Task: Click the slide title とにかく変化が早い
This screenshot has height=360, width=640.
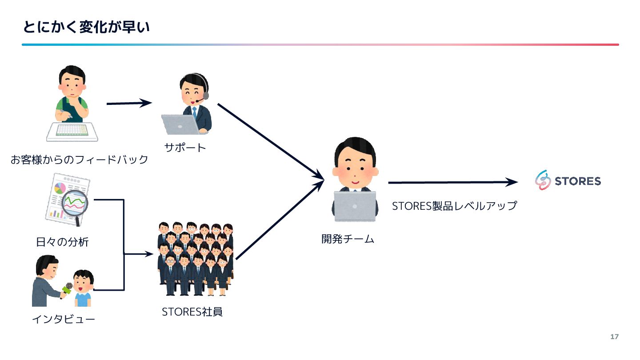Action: [x=86, y=28]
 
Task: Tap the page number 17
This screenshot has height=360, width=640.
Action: [x=614, y=336]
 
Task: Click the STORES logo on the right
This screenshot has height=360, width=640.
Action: [x=568, y=181]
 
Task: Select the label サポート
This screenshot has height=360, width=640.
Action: [x=185, y=148]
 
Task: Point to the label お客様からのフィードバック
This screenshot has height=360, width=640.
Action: [x=79, y=160]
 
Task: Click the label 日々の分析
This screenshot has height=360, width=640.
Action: [x=62, y=242]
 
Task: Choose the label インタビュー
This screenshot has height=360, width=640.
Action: [x=63, y=319]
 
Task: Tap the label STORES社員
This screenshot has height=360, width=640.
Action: [x=192, y=312]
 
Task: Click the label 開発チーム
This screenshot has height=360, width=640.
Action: [x=348, y=239]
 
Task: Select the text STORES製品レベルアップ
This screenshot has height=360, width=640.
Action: [x=454, y=206]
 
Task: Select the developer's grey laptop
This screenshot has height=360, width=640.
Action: [x=355, y=206]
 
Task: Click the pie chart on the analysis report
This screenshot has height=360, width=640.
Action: [x=60, y=188]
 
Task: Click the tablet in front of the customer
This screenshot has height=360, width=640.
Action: [x=72, y=132]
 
